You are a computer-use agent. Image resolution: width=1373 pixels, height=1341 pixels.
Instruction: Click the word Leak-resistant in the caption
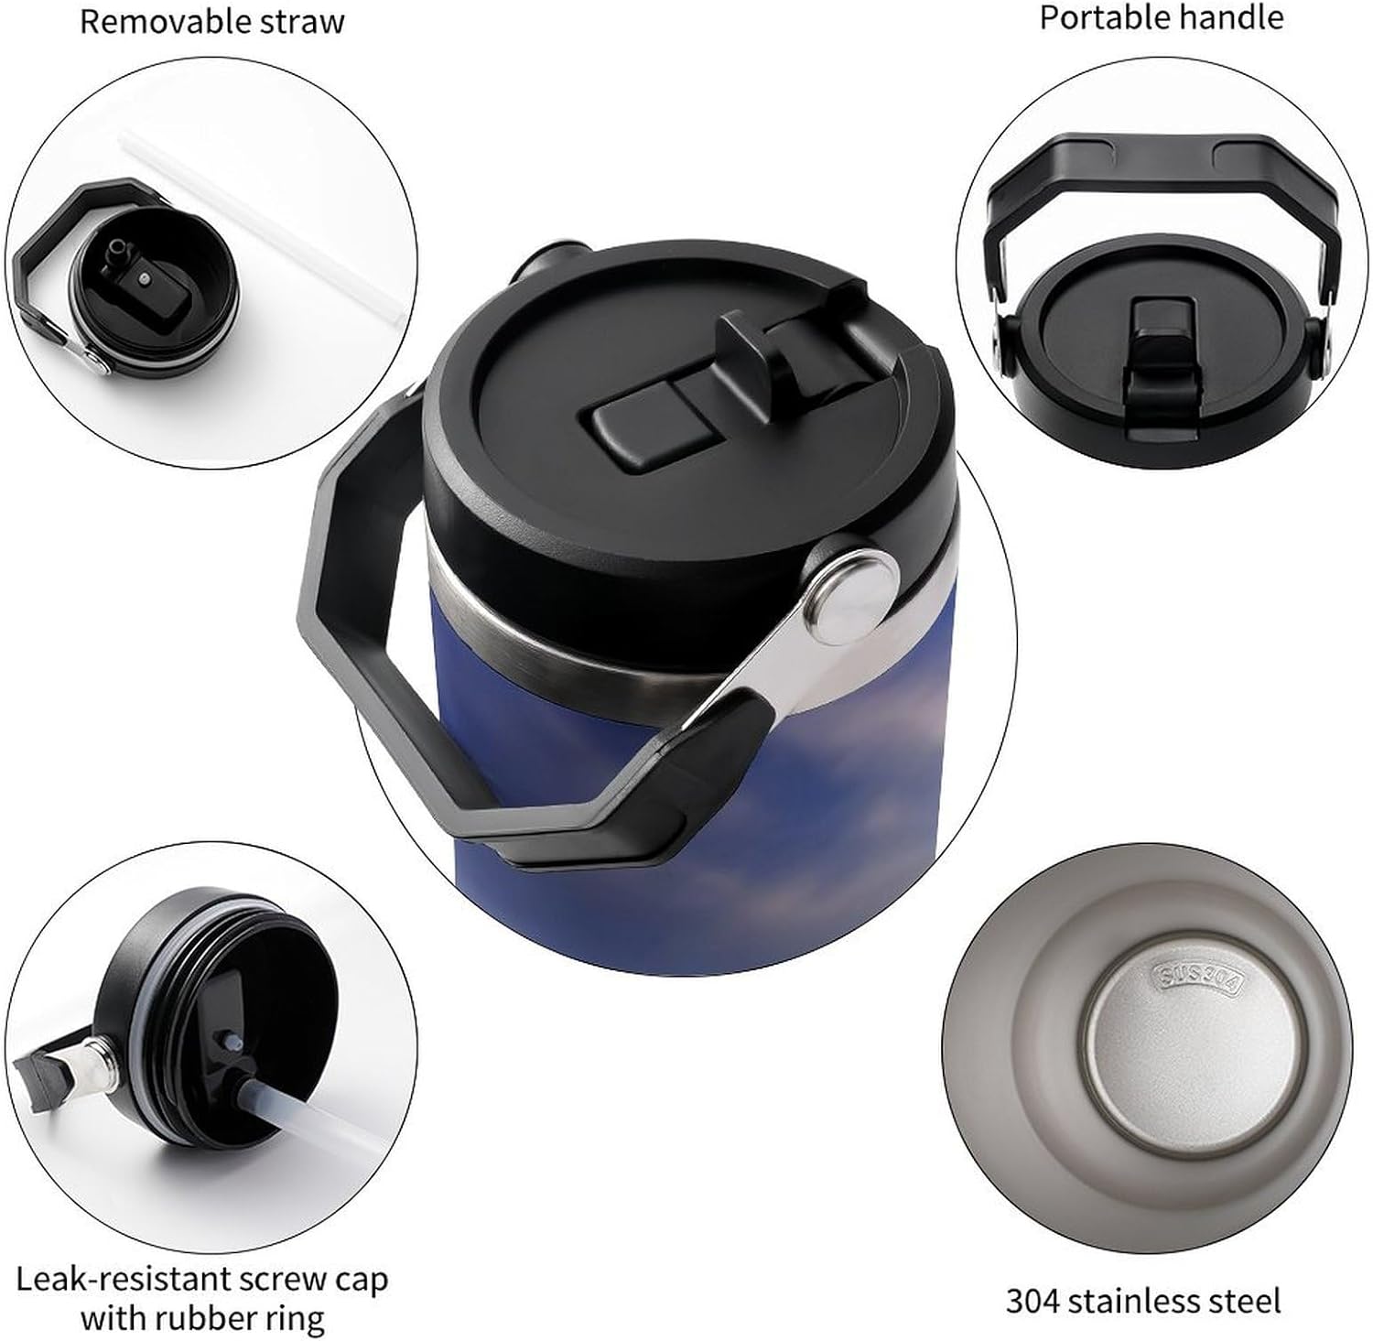point(121,1278)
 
